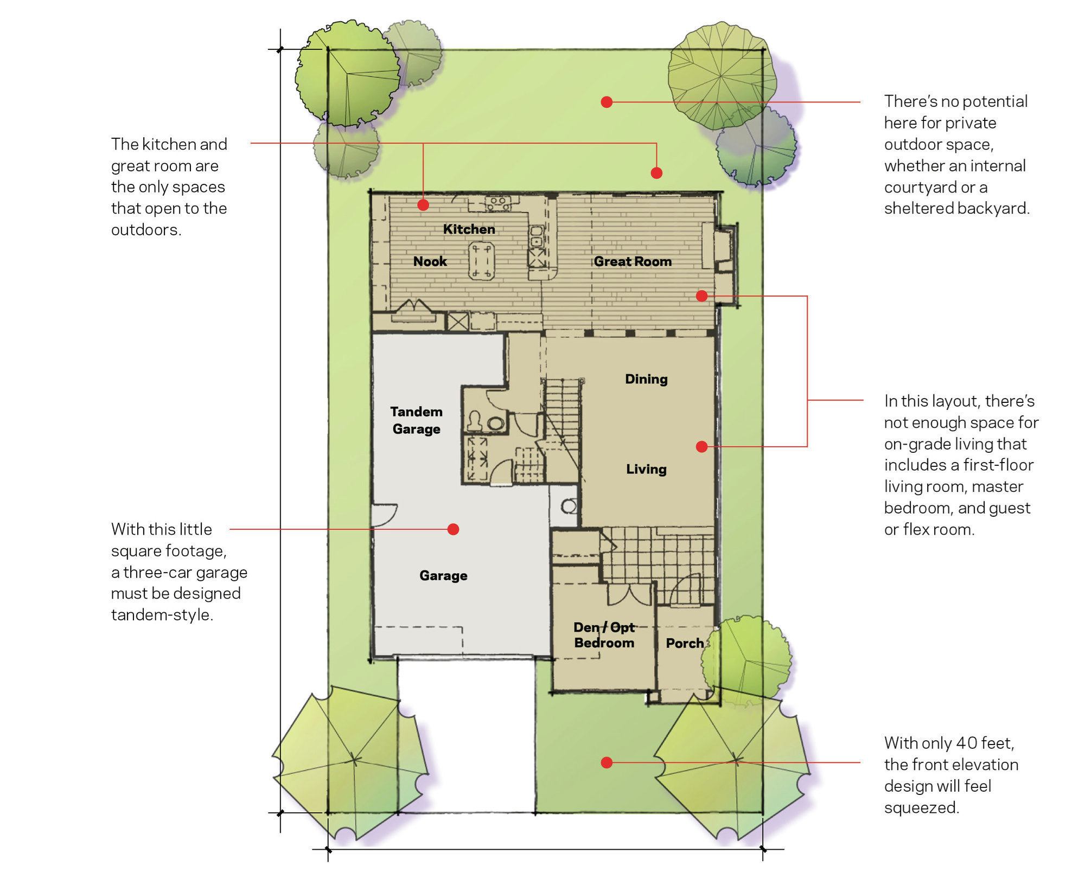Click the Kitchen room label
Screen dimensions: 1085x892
pyautogui.click(x=469, y=229)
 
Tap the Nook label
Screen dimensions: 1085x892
pyautogui.click(x=430, y=261)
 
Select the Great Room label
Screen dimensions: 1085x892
pyautogui.click(x=633, y=261)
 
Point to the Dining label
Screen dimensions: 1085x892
pyautogui.click(x=646, y=379)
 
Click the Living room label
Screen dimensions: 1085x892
pyautogui.click(x=646, y=469)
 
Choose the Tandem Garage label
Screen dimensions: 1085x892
pyautogui.click(x=416, y=420)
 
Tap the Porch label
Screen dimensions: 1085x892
pyautogui.click(x=685, y=643)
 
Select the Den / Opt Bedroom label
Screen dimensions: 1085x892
pyautogui.click(x=604, y=635)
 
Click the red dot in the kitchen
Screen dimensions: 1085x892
pyautogui.click(x=423, y=205)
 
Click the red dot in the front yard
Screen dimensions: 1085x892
pyautogui.click(x=607, y=762)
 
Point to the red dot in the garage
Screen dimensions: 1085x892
pyautogui.click(x=454, y=529)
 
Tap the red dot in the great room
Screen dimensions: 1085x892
pyautogui.click(x=701, y=296)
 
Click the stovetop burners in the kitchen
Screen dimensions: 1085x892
pyautogui.click(x=497, y=203)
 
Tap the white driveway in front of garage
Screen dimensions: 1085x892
pyautogui.click(x=467, y=735)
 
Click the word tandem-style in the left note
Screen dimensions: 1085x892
pyautogui.click(x=162, y=615)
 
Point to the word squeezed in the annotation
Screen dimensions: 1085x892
pyautogui.click(x=922, y=808)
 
